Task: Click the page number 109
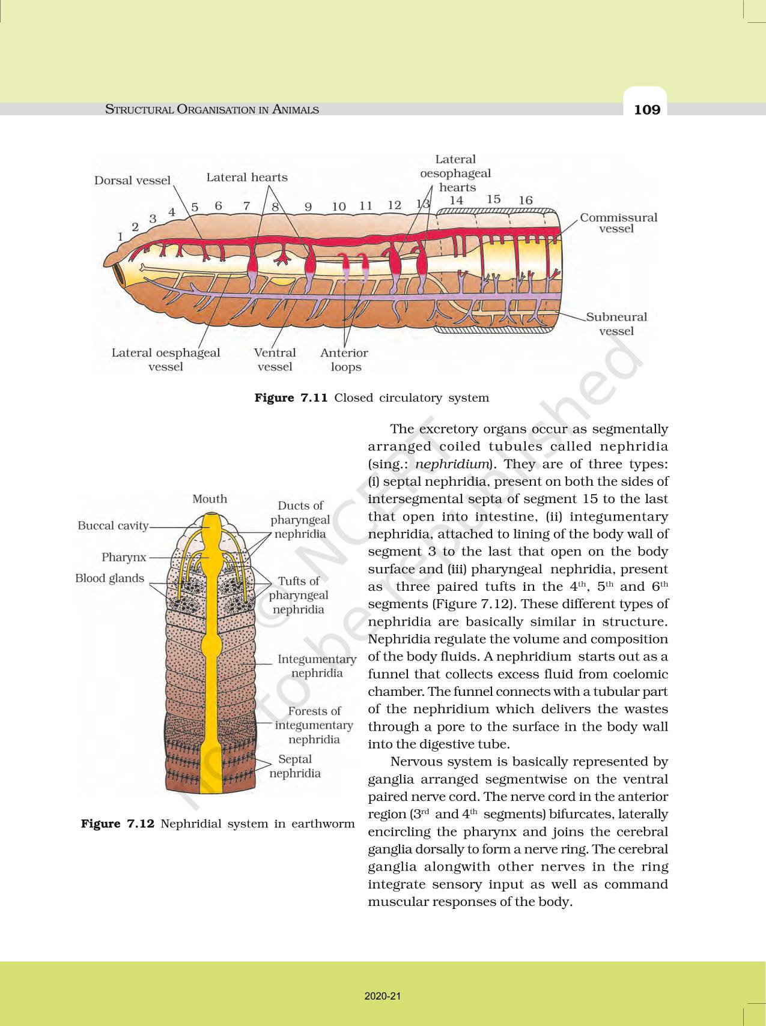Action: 646,110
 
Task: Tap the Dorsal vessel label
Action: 132,181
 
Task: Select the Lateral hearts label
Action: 247,177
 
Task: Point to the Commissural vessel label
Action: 618,223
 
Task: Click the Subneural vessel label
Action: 616,324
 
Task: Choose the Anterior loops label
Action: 344,360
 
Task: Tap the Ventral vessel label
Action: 275,360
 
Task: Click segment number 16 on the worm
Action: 526,200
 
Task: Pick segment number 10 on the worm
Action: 339,206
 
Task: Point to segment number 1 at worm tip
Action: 120,237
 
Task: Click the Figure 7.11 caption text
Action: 371,398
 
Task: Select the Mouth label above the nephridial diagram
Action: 210,499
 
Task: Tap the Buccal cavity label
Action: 113,526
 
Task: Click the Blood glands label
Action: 110,578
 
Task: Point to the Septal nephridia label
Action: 294,766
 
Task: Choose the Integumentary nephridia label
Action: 317,666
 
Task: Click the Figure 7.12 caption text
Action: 217,824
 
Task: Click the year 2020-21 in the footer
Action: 383,997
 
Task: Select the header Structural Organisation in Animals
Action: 212,109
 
